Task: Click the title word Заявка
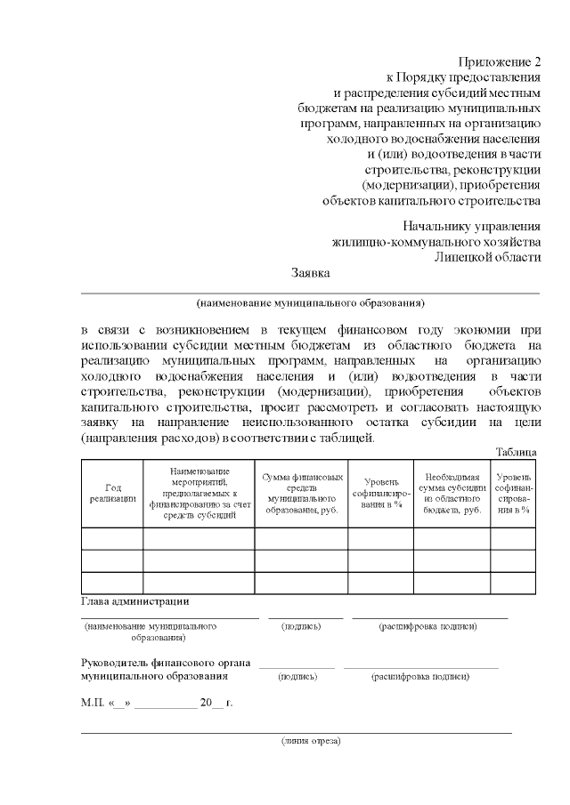[x=311, y=272]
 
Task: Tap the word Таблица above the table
[x=517, y=452]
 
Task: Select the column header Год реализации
[x=112, y=493]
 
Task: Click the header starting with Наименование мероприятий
[x=199, y=493]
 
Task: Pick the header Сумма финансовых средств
[x=301, y=493]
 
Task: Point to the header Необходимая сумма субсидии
[x=452, y=493]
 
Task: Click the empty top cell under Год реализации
[x=112, y=538]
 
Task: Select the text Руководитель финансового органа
[x=166, y=663]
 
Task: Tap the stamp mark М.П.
[x=93, y=703]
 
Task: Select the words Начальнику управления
[x=471, y=226]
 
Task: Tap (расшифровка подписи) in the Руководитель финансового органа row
[x=420, y=676]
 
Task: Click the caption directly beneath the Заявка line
[x=311, y=302]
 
